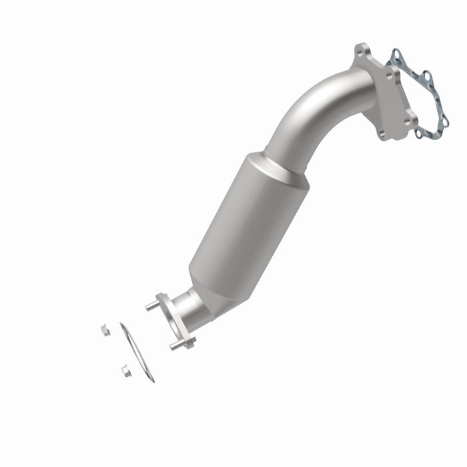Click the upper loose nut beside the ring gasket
pyautogui.click(x=105, y=330)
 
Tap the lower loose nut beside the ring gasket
pyautogui.click(x=125, y=370)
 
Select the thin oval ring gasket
pyautogui.click(x=137, y=352)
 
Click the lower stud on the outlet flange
pyautogui.click(x=175, y=346)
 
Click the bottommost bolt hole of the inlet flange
pyautogui.click(x=381, y=133)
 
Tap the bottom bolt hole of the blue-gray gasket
pyautogui.click(x=418, y=133)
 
